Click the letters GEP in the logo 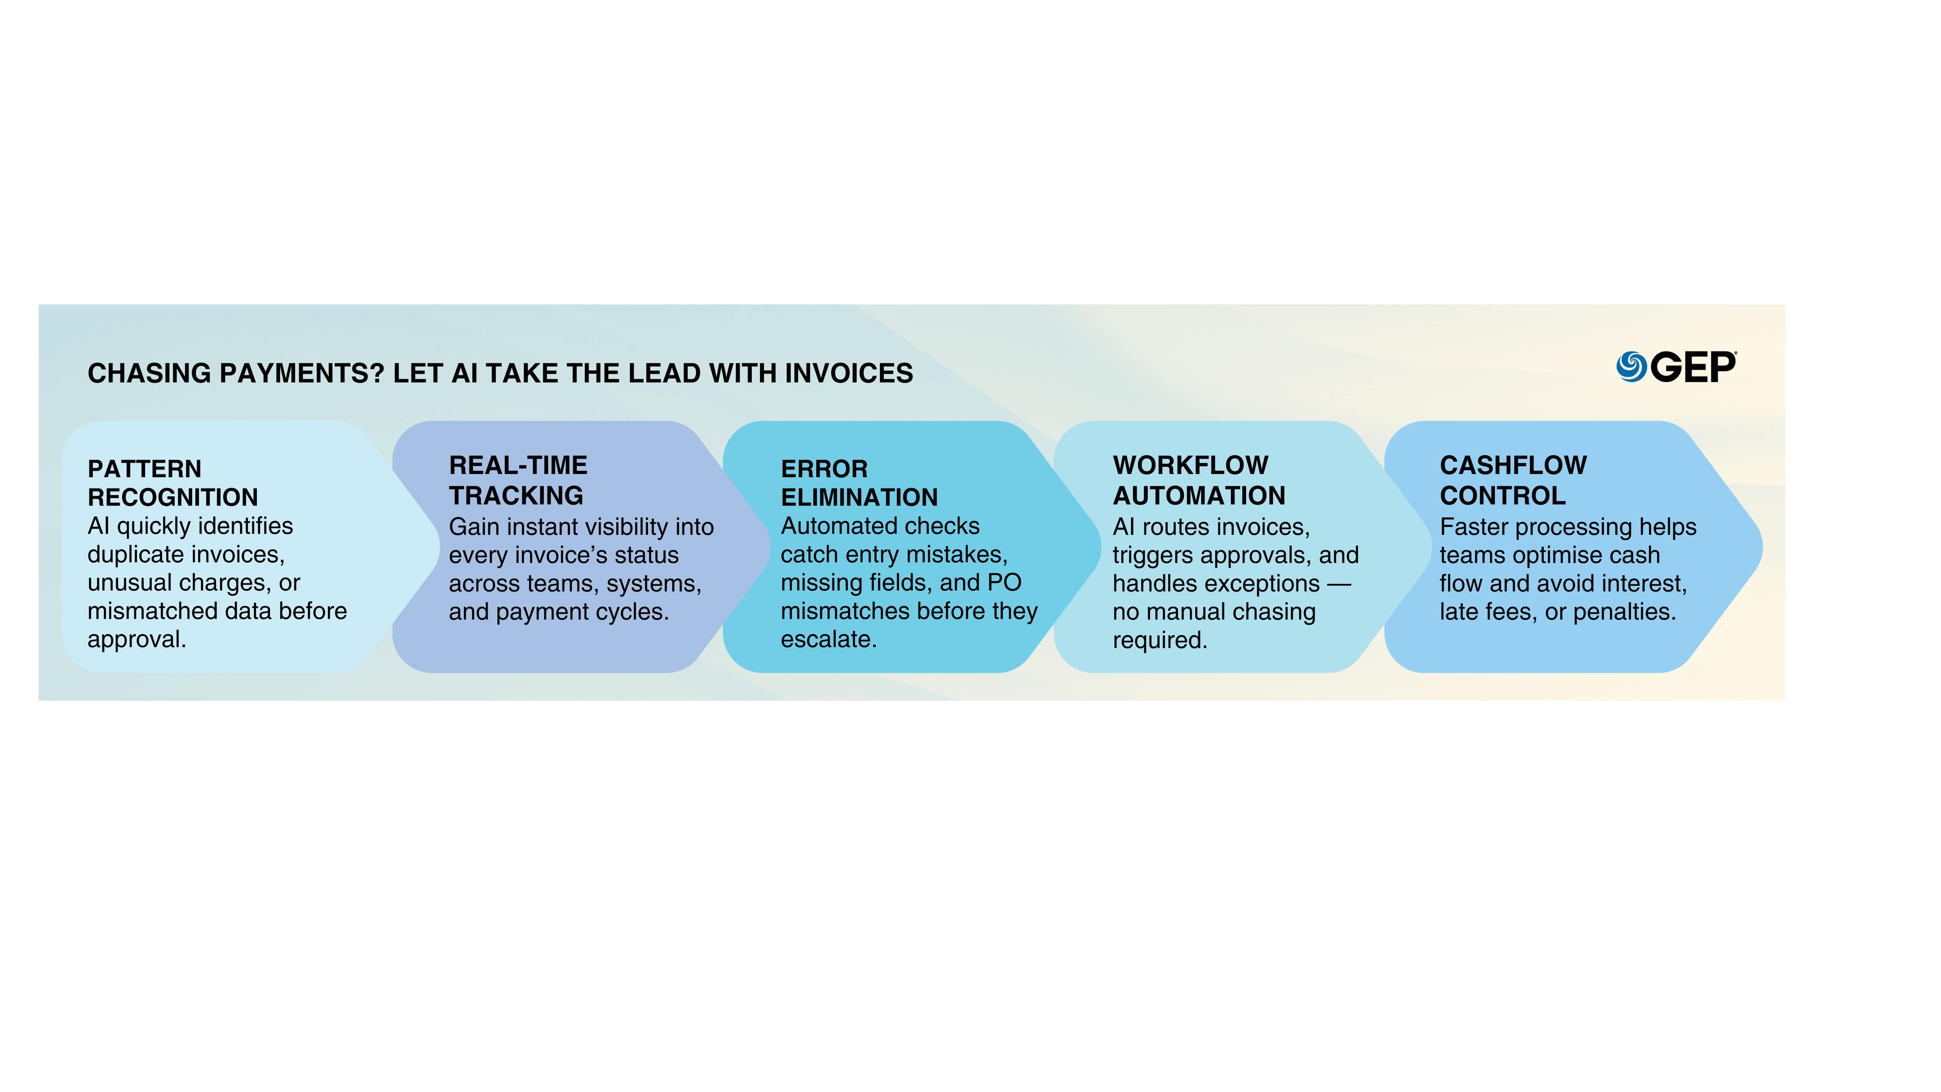point(1693,367)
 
